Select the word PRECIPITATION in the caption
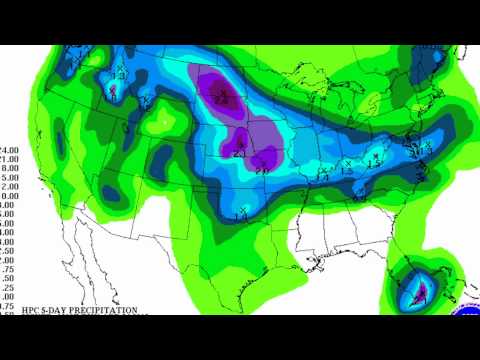pos(100,310)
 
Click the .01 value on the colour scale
pos(6,306)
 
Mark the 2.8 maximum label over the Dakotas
pos(227,97)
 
